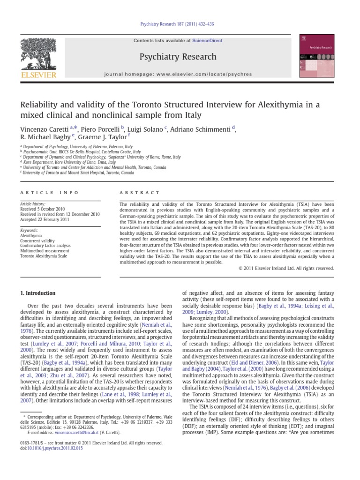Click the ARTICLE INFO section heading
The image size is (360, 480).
pos(49,193)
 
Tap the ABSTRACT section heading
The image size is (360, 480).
pos(139,193)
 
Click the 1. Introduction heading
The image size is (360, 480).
pos(38,293)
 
